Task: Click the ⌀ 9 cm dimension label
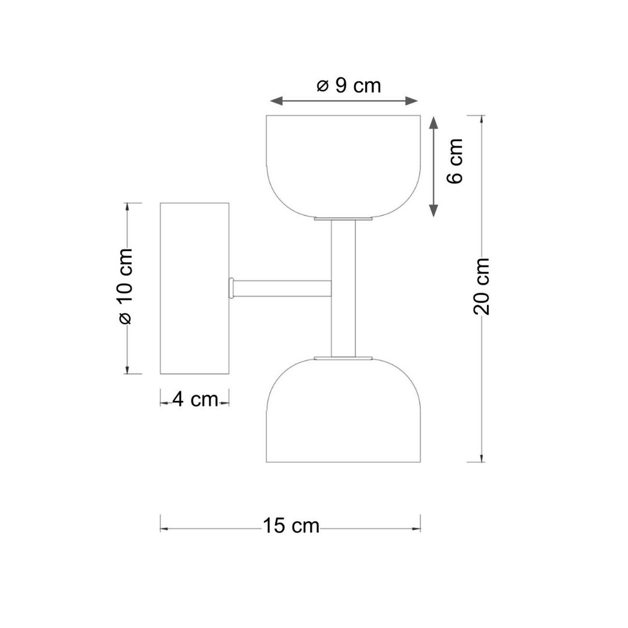tap(349, 85)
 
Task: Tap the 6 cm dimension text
tap(455, 161)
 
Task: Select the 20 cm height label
tap(481, 286)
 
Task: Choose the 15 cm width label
tap(291, 525)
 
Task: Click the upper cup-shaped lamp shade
tap(343, 162)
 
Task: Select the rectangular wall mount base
tap(194, 288)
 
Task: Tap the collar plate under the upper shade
tap(343, 218)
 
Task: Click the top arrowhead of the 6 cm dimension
tap(433, 123)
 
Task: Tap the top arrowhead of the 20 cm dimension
tap(481, 118)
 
